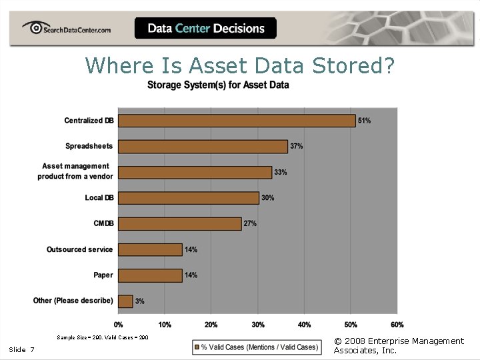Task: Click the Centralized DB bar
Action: [237, 121]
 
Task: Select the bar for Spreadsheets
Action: [203, 146]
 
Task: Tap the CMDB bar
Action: [179, 224]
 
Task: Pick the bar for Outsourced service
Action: [150, 249]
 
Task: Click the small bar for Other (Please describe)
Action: [125, 301]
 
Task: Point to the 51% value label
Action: [365, 121]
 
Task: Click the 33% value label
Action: [281, 172]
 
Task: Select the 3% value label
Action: [140, 301]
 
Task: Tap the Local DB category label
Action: [99, 198]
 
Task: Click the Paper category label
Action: [103, 275]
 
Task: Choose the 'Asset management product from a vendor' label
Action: [75, 171]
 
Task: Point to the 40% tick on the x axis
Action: [304, 325]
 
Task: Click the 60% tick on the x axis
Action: [397, 325]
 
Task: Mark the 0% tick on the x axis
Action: [118, 325]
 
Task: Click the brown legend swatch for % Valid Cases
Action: [197, 347]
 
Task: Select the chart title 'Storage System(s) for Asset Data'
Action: [218, 85]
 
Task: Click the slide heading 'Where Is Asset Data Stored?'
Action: [240, 65]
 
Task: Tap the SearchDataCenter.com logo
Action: [67, 29]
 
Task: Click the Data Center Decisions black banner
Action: [205, 28]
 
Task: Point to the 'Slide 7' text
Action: [22, 350]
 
